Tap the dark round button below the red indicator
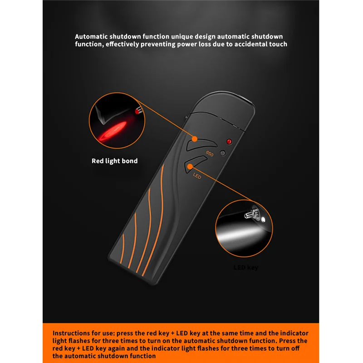tap(222, 153)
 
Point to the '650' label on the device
tap(210, 153)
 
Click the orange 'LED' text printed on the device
tap(197, 176)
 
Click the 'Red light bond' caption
tap(114, 161)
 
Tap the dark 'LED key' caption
tap(245, 268)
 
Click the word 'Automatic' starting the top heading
tap(90, 36)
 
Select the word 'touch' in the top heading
tap(279, 44)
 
